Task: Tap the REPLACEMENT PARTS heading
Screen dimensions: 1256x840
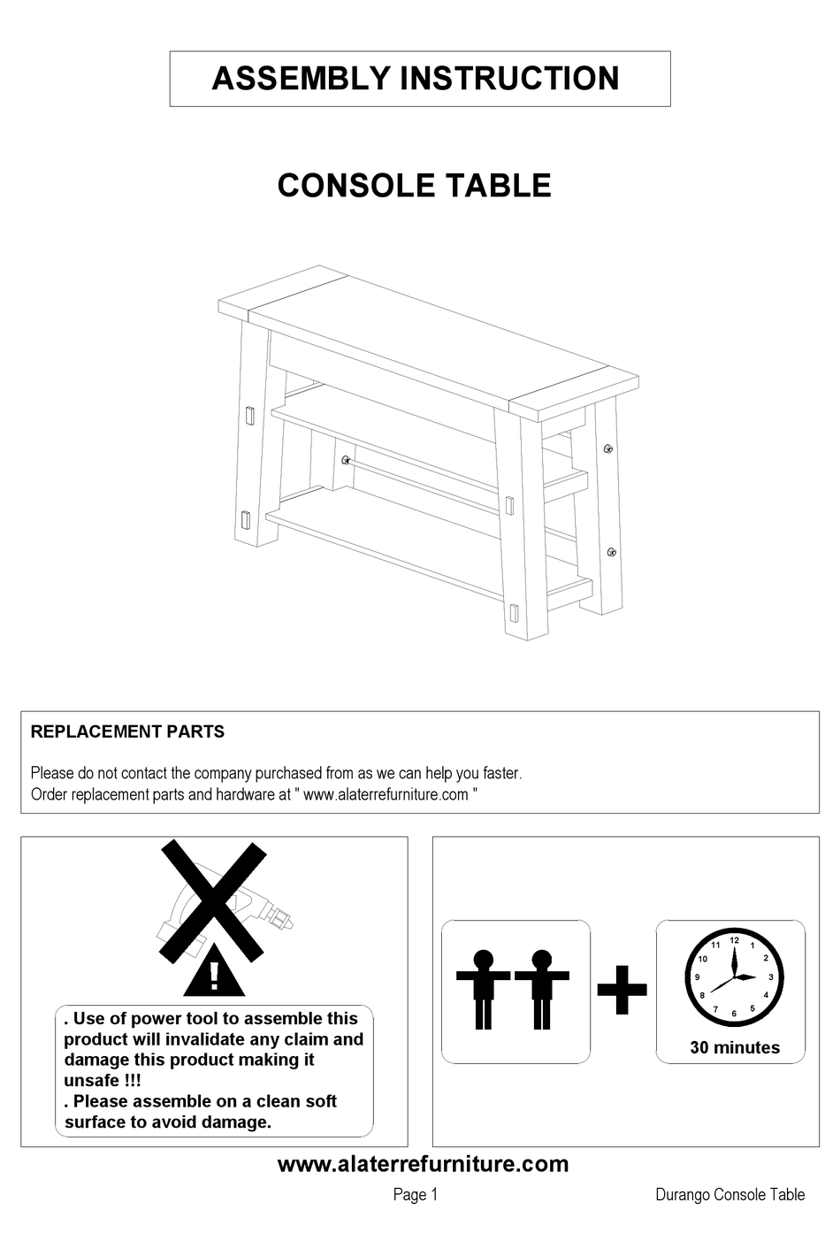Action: [x=127, y=731]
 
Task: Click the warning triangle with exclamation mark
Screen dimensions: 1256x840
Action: [x=214, y=972]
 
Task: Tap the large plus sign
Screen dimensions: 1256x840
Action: [x=622, y=988]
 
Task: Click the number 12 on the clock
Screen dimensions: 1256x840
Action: [x=734, y=940]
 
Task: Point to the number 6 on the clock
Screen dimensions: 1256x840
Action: [x=734, y=1014]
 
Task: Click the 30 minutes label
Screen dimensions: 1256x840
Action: [x=735, y=1048]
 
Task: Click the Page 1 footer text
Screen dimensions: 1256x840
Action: [x=416, y=1195]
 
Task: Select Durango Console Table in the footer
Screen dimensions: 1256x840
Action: [x=729, y=1195]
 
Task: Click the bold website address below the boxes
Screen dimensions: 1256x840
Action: [x=423, y=1164]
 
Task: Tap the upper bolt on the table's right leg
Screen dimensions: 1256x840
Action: [x=607, y=448]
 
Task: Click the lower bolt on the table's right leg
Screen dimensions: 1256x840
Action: [x=611, y=552]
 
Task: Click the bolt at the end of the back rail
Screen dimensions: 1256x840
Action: [x=346, y=459]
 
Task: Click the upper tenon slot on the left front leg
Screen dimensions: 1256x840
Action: [x=248, y=415]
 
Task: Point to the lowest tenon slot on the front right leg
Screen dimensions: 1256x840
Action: [x=513, y=612]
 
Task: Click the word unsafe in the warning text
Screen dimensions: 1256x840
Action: [x=90, y=1081]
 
